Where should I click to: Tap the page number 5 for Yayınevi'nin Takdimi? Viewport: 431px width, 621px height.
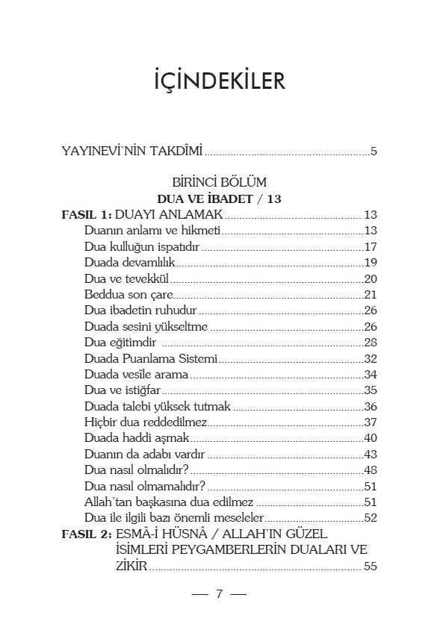pos(373,152)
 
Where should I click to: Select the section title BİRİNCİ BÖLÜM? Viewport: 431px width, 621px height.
pos(219,182)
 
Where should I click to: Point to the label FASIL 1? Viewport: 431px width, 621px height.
pos(86,214)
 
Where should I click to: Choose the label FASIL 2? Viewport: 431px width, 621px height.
pos(86,534)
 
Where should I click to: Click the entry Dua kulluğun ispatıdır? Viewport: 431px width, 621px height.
pos(143,246)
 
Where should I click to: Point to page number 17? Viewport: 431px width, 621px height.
pos(370,246)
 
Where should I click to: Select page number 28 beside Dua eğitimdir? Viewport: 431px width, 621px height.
pos(370,342)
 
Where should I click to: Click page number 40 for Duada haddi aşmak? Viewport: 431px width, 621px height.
pos(370,437)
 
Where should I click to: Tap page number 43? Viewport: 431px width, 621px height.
pos(370,454)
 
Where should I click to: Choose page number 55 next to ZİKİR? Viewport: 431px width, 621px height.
pos(370,567)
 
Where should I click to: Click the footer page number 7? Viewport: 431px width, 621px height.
pos(219,594)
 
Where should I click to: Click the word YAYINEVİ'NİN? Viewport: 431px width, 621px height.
pos(96,152)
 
